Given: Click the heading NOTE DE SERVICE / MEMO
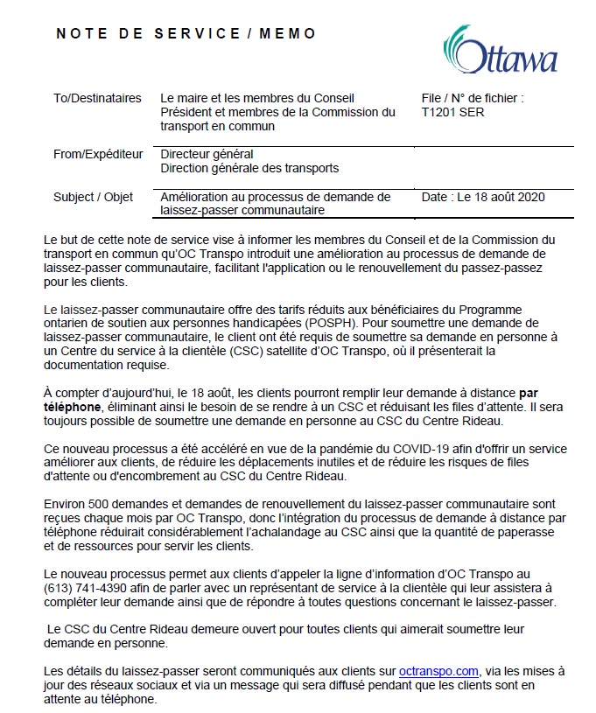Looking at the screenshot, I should [186, 34].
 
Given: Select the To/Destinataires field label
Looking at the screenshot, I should [97, 99].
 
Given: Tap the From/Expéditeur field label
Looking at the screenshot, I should [98, 155].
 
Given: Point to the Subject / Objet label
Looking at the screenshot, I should [94, 197].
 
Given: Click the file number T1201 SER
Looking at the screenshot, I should [452, 112].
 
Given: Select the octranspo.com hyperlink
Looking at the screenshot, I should [438, 671].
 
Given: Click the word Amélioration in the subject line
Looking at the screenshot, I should [197, 197].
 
